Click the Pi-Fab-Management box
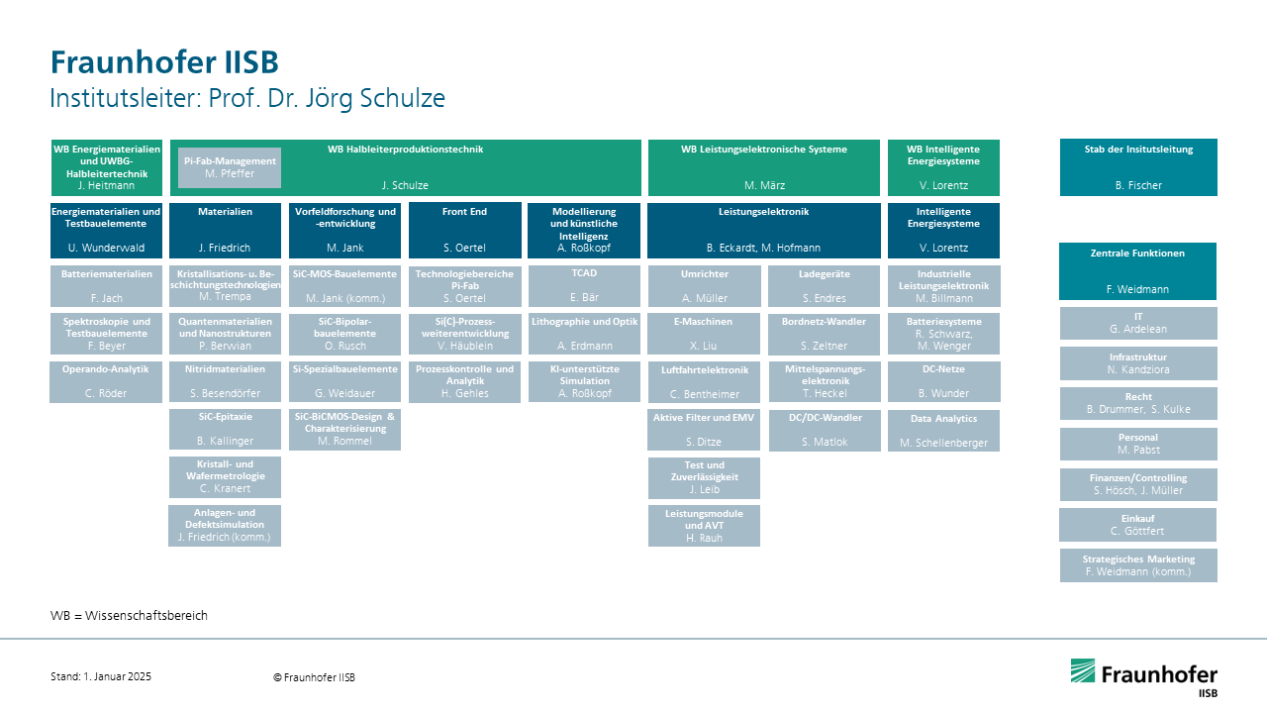pos(229,167)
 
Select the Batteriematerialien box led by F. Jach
pos(106,286)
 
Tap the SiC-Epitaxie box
pos(225,429)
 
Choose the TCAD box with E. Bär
pos(584,286)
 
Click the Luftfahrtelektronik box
pos(704,382)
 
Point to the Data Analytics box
pos(943,431)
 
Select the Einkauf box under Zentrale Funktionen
pos(1137,525)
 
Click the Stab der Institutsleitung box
pos(1138,167)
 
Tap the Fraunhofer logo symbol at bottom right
pos(1083,670)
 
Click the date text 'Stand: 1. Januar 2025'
pos(101,676)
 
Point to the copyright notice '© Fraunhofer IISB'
pos(314,677)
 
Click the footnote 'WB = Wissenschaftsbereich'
pos(129,615)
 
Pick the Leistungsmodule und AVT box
pos(704,526)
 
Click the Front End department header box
pos(465,231)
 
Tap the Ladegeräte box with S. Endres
pos(825,286)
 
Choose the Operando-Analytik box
pos(106,382)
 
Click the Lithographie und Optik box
pos(584,334)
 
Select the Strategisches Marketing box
pos(1138,565)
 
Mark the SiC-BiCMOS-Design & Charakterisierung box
pos(345,430)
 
